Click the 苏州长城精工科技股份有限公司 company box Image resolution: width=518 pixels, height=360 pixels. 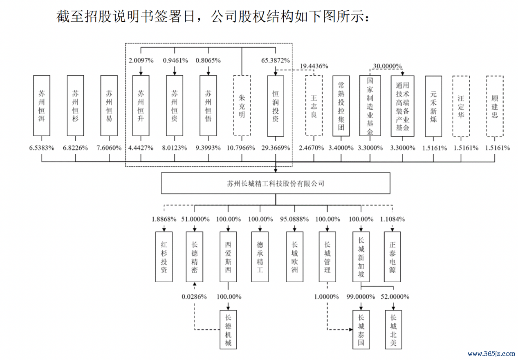click(x=276, y=183)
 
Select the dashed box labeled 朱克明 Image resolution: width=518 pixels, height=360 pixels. click(x=242, y=106)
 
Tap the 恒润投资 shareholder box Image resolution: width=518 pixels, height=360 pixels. click(x=276, y=106)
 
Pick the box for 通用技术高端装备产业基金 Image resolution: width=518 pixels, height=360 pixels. click(x=402, y=106)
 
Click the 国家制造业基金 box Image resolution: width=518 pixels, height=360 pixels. click(x=370, y=106)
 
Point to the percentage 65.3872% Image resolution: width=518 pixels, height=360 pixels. click(x=276, y=61)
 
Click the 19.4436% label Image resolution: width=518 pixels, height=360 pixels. click(x=314, y=66)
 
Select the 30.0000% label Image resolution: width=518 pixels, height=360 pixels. click(x=387, y=66)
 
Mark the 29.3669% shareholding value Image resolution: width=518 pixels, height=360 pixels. click(x=276, y=148)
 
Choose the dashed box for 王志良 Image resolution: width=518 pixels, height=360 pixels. click(x=314, y=106)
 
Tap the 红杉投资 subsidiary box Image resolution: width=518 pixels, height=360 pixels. click(x=164, y=257)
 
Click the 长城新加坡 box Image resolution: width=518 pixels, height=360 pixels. click(x=361, y=257)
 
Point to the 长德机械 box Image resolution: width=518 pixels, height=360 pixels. click(x=228, y=330)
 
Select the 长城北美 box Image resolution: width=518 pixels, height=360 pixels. click(x=393, y=330)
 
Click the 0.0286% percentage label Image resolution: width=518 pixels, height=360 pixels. click(x=194, y=297)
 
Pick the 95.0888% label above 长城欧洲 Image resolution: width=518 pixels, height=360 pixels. click(x=294, y=219)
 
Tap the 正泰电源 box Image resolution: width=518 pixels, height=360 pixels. click(x=392, y=257)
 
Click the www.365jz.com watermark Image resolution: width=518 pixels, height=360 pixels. click(x=491, y=354)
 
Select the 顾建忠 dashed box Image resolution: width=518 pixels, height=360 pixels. click(x=495, y=106)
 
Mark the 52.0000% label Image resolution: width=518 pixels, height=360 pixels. click(x=395, y=297)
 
